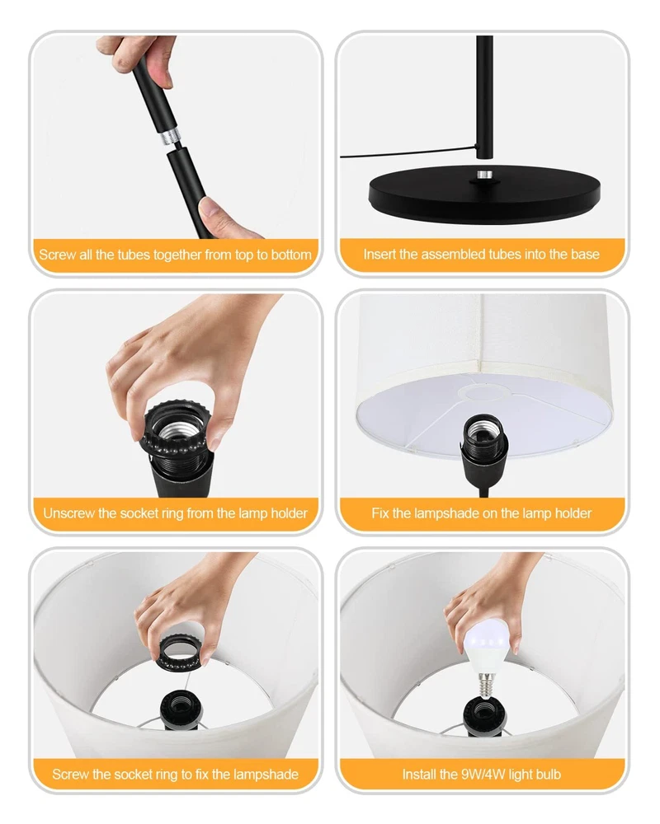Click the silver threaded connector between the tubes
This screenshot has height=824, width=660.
169,137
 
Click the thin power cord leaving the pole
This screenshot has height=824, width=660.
408,153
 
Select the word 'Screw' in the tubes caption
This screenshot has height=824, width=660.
58,255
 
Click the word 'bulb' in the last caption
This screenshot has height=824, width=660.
547,774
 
